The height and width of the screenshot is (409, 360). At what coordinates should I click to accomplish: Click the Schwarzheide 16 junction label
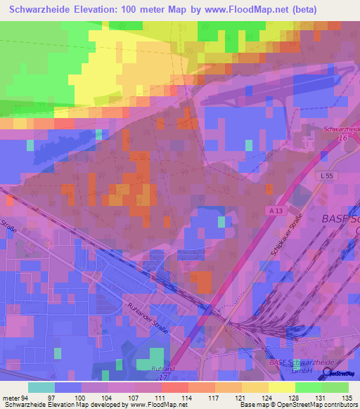click(341, 134)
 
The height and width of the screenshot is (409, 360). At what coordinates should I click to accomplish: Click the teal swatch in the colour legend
click(41, 387)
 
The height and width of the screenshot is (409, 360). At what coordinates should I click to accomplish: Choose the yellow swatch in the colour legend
click(281, 387)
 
